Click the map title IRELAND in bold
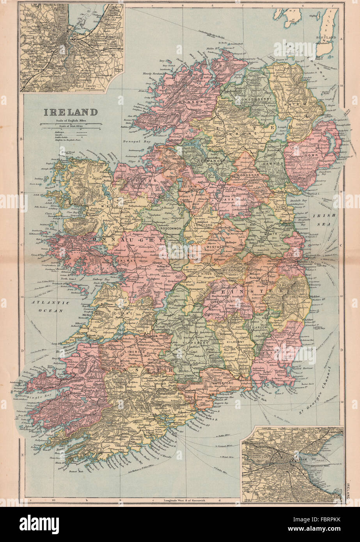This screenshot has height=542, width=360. [x=70, y=112]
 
